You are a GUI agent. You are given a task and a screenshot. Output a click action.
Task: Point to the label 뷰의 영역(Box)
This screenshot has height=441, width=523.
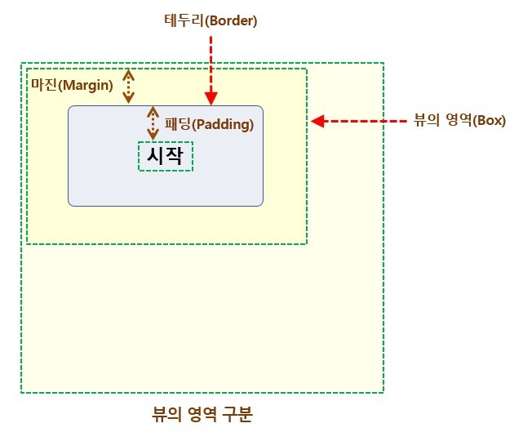[x=460, y=121]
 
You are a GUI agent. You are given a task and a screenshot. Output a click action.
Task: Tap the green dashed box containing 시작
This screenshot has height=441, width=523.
[x=166, y=156]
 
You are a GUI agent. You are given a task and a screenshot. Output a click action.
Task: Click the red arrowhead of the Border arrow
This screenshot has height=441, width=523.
[x=211, y=98]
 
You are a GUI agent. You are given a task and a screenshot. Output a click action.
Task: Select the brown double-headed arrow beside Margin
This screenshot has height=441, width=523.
[x=128, y=86]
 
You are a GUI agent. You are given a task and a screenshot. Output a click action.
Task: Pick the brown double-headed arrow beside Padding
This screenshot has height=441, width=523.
[x=153, y=123]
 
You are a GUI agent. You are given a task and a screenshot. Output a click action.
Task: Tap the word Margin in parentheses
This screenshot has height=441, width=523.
[x=86, y=85]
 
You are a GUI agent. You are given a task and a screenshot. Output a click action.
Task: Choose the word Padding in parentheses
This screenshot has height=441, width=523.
[x=224, y=125]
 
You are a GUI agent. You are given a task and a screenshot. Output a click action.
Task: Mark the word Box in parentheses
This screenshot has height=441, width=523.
[x=491, y=121]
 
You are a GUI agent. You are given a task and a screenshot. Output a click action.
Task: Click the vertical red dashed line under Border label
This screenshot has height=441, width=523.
[x=211, y=61]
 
